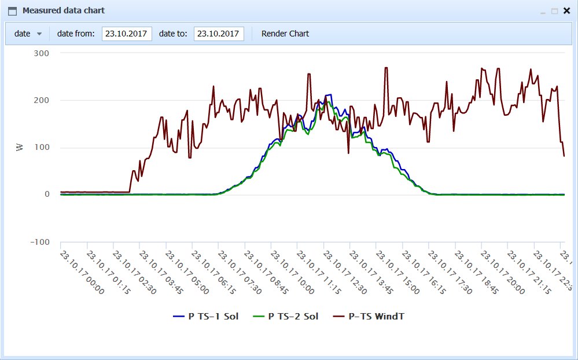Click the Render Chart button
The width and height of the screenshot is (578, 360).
pos(285,34)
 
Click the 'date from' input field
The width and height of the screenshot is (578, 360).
pos(127,34)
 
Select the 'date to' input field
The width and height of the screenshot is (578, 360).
pos(219,34)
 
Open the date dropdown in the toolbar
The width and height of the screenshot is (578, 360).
pos(28,34)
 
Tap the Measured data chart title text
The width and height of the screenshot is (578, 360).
pos(64,10)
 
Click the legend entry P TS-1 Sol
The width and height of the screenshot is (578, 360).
pos(206,317)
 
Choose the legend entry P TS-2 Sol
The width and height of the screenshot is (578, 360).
pos(286,317)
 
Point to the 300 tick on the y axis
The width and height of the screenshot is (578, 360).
pos(42,53)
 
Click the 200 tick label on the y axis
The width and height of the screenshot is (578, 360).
pos(42,100)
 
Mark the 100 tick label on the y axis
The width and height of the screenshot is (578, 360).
pos(42,148)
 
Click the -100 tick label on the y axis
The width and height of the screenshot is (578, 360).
pos(41,242)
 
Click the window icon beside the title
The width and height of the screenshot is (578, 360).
pos(12,10)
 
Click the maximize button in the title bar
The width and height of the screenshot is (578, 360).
pos(554,10)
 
